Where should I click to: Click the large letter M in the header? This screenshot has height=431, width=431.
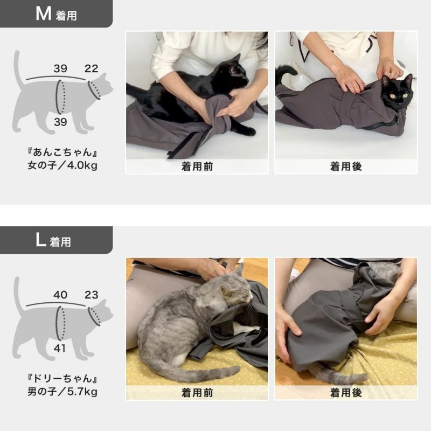[43, 13]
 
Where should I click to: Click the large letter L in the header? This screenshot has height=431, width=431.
[40, 240]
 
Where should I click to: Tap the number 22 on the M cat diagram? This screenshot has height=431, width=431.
[91, 68]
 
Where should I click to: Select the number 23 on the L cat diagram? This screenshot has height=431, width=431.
[91, 295]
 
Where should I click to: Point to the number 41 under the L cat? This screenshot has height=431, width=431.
[60, 348]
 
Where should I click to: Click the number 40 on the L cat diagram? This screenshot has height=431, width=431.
[60, 295]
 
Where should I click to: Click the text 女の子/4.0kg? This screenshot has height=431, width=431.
[62, 165]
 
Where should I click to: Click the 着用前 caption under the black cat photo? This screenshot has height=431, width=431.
[197, 166]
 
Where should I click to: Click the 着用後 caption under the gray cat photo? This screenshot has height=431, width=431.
[345, 393]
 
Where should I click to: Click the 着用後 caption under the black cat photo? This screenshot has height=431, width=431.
[345, 166]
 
